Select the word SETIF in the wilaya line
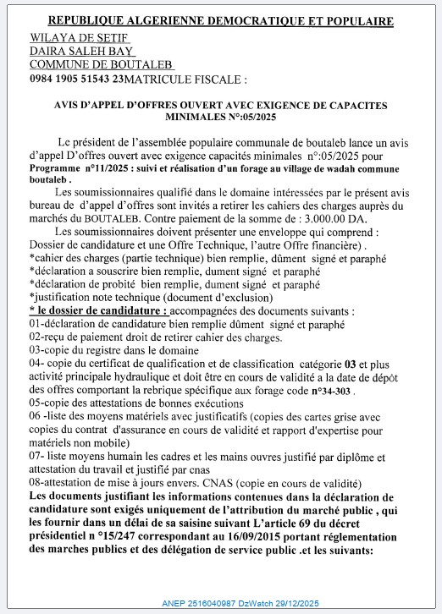click(109, 38)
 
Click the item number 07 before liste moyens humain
click(36, 456)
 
